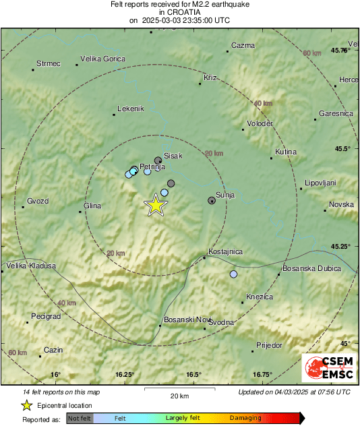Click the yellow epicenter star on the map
156,205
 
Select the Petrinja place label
152,166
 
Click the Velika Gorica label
102,59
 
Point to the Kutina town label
286,152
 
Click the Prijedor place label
269,345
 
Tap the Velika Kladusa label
30,266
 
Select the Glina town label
92,206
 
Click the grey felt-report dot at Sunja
212,200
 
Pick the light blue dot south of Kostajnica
233,274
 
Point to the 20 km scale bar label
179,395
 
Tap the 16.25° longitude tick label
125,374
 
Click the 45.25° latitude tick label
340,246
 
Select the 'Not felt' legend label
80,419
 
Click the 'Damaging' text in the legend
245,419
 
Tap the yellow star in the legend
26,406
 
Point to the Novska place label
341,204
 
